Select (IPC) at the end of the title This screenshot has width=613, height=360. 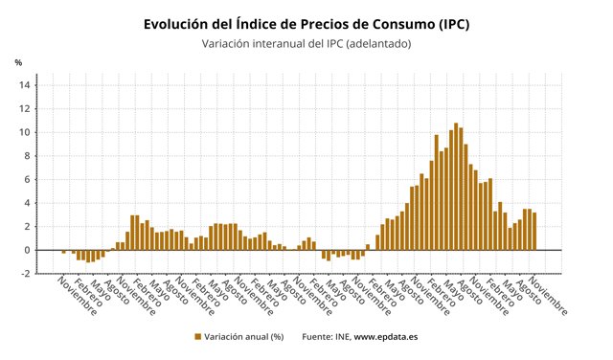click(453, 25)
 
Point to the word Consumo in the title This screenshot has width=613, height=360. click(402, 24)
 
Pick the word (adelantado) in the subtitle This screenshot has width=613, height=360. click(378, 44)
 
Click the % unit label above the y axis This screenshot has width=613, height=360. click(18, 62)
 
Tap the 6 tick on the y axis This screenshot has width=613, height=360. click(27, 179)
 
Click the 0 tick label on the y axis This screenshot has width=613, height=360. click(27, 250)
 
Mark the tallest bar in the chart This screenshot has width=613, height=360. click(456, 187)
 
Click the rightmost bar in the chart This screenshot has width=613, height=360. click(534, 232)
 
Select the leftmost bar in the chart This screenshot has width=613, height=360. click(64, 252)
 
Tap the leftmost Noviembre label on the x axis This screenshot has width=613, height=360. click(77, 297)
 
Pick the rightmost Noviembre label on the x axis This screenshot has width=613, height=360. click(548, 297)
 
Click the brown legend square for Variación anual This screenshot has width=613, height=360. click(198, 337)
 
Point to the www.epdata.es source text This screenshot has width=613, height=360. click(385, 337)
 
